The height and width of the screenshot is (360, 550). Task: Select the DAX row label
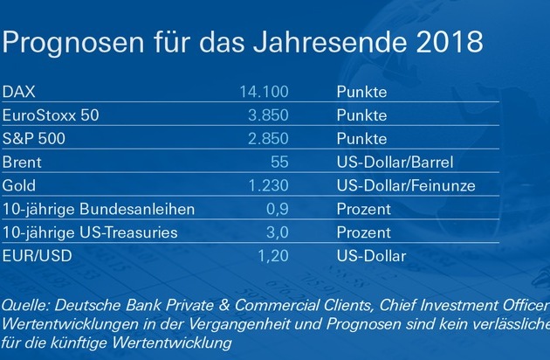[x=20, y=91]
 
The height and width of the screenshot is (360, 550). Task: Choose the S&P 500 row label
[x=36, y=138]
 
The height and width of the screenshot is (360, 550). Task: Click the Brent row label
[x=23, y=162]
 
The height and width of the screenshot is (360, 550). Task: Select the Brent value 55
[x=279, y=162]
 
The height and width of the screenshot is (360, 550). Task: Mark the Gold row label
[x=20, y=185]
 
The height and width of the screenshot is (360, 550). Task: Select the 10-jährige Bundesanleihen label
[x=97, y=209]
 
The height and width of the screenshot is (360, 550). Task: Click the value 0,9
[x=277, y=209]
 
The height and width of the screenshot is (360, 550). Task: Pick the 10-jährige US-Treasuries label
[x=90, y=232]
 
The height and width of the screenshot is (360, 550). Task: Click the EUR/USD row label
[x=37, y=256]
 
